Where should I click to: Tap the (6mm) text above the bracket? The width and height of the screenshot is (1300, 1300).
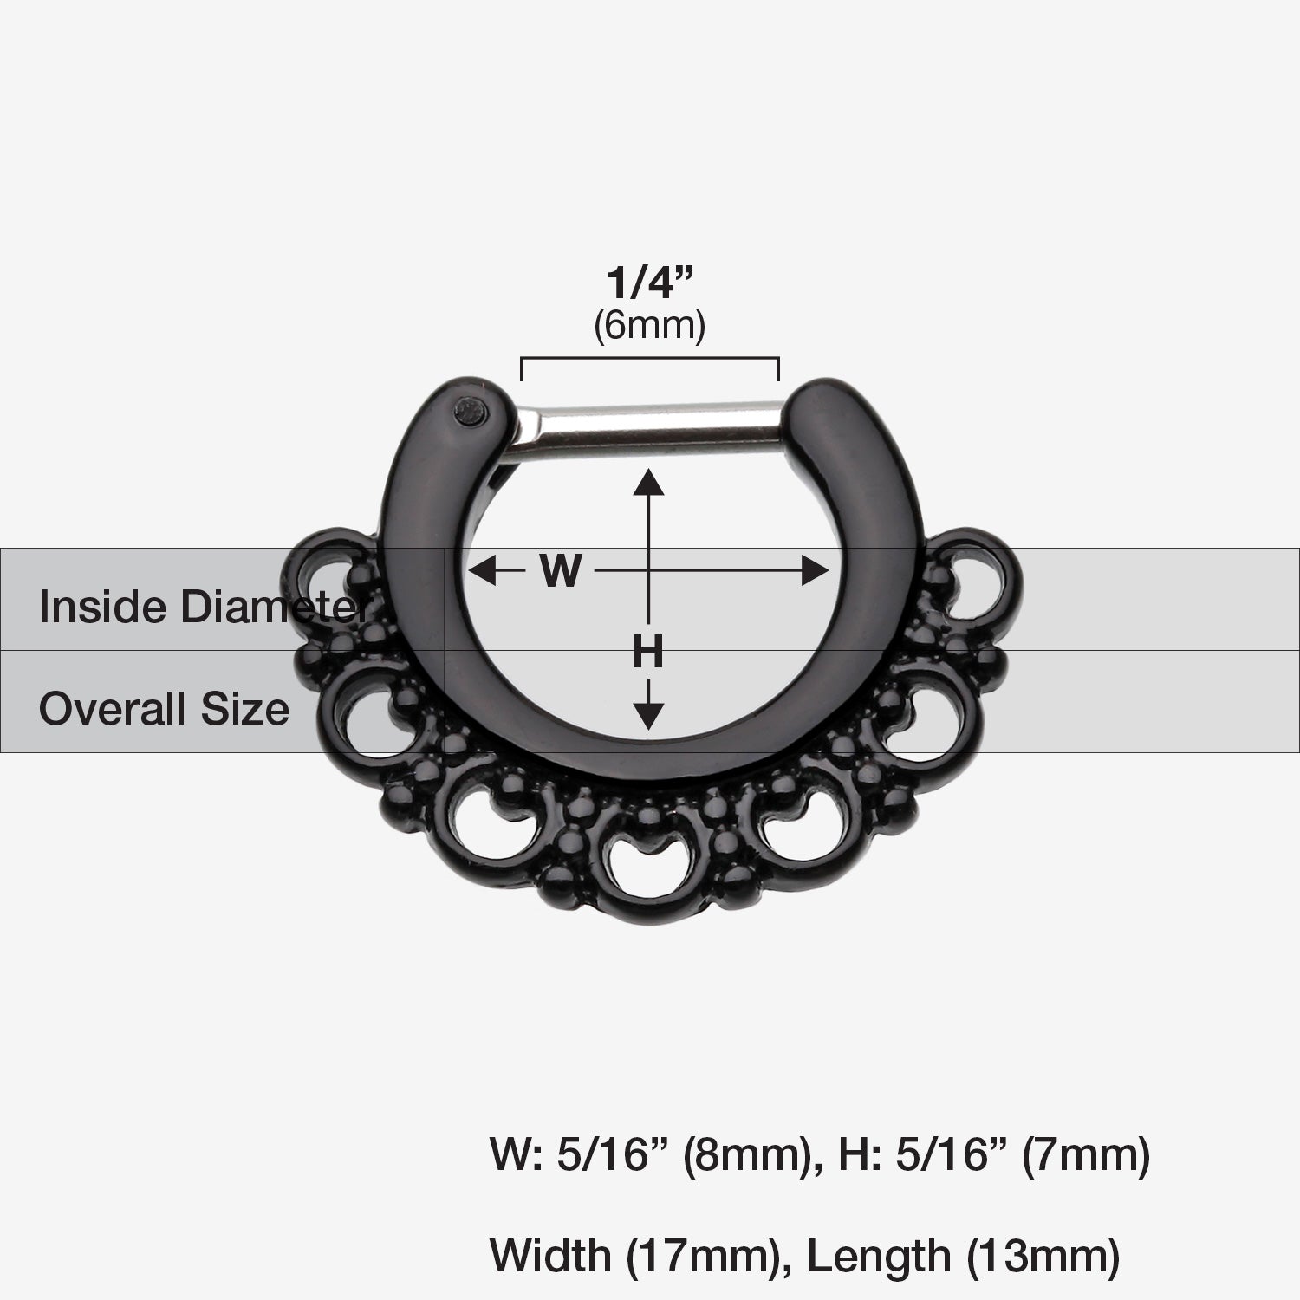(650, 326)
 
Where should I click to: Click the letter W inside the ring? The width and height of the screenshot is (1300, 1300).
(560, 571)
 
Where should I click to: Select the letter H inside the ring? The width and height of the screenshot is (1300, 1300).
(647, 652)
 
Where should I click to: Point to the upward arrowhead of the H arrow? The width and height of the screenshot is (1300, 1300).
(648, 479)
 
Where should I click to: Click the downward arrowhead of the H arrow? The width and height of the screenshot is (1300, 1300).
(648, 717)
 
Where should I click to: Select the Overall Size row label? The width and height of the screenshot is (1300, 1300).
(164, 709)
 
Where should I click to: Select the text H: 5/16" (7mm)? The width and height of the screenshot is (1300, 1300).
(995, 1155)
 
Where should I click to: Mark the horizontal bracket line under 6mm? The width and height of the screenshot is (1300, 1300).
(650, 360)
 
